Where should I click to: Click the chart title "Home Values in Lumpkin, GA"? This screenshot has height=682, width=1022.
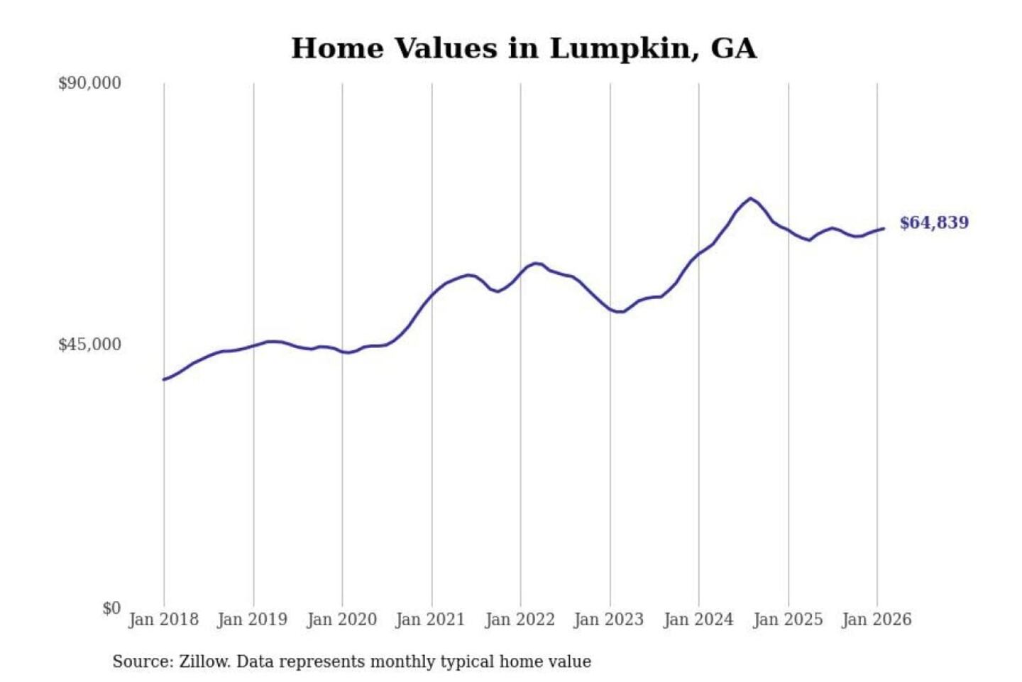point(524,48)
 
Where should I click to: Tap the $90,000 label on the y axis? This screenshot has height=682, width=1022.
point(89,83)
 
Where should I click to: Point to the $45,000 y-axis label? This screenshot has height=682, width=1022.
point(89,345)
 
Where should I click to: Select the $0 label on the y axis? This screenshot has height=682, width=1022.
point(111,608)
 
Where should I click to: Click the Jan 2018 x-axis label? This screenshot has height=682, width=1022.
point(163,619)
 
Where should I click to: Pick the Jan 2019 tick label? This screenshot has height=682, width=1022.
point(252,619)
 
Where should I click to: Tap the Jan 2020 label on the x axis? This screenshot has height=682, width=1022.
point(341,619)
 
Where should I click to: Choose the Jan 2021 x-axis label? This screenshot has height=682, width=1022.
point(430,619)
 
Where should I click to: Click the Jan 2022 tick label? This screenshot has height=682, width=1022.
point(520,619)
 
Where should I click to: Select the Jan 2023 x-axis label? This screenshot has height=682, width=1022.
point(608,619)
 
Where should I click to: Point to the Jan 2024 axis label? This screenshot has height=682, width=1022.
point(698,619)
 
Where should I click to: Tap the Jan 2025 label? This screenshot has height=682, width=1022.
point(787,619)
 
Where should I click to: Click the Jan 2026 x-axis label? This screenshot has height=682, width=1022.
point(876,619)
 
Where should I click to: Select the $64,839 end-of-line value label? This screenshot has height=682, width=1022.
point(933,223)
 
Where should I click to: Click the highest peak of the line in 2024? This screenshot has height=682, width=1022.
point(750,198)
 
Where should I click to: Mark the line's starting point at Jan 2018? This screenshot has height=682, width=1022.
point(164,379)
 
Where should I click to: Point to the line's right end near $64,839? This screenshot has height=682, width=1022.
point(884,228)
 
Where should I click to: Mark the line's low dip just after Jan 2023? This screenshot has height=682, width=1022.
point(620,312)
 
